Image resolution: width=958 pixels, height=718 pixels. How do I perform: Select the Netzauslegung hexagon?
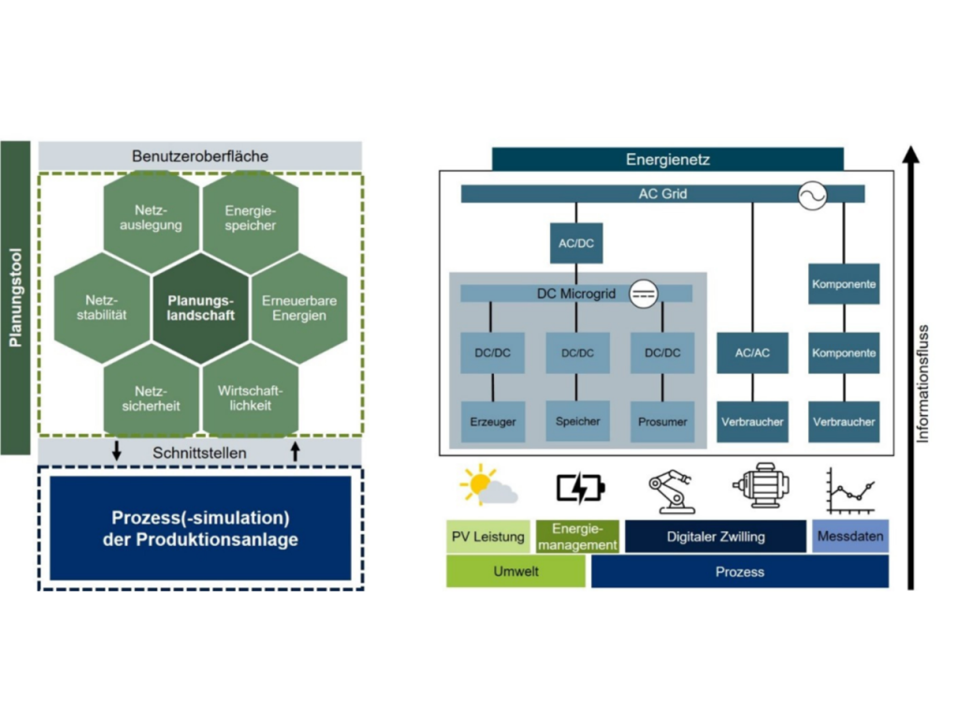click(x=151, y=218)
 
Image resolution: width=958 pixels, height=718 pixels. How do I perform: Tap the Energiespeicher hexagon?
click(x=250, y=218)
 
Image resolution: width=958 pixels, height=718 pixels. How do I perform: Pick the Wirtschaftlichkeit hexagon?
click(x=250, y=397)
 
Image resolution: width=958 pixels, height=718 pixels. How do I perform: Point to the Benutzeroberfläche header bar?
click(x=200, y=156)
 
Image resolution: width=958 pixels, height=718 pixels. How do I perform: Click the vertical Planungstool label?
click(x=15, y=297)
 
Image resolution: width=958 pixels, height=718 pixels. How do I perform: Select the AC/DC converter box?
click(x=575, y=243)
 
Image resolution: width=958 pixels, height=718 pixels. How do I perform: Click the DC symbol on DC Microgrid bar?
click(x=643, y=294)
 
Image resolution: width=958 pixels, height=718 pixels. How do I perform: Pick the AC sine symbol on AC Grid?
click(x=812, y=195)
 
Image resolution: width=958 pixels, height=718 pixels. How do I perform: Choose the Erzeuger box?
click(x=492, y=421)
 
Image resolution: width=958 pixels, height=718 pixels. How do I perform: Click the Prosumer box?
click(x=662, y=421)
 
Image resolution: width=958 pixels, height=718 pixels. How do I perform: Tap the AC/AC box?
click(x=752, y=353)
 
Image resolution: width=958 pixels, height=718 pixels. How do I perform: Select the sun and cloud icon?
click(x=488, y=487)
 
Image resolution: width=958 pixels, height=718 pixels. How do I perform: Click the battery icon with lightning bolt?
click(x=580, y=487)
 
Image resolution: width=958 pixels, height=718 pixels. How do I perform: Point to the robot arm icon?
click(x=671, y=489)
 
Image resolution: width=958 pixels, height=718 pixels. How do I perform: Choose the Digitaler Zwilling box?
click(x=716, y=537)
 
